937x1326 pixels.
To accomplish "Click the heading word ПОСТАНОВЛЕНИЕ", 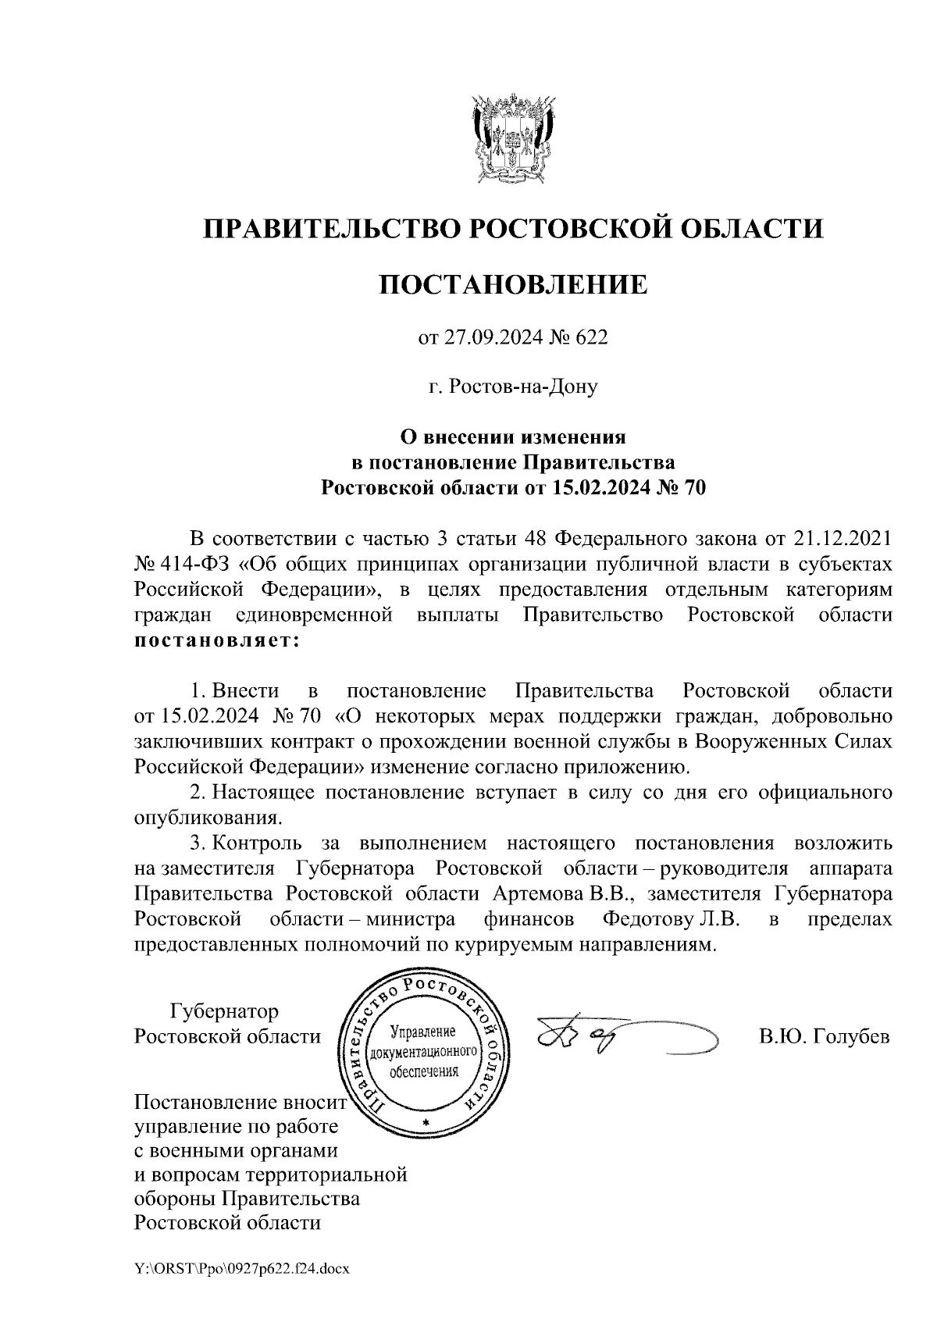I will coord(513,284).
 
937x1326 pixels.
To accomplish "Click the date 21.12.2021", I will coord(843,539).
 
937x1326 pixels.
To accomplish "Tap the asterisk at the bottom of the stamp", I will coord(426,1123).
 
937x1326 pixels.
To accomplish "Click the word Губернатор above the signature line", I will coord(224,1011).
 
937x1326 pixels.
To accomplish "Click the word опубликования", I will coord(207,819).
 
